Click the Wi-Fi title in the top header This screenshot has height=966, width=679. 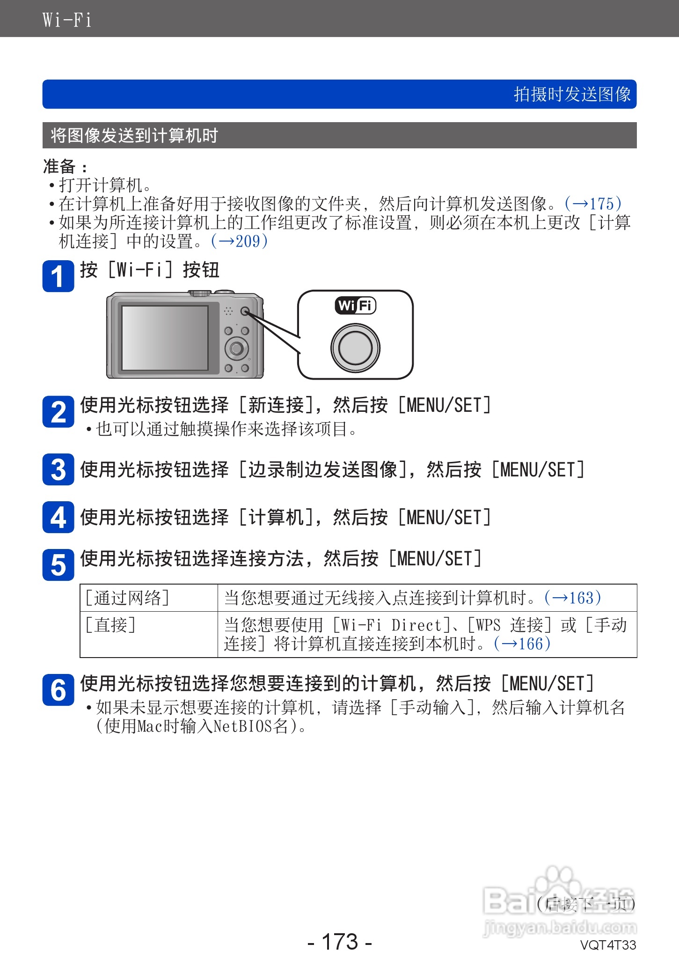66,20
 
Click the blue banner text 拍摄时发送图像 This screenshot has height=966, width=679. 572,95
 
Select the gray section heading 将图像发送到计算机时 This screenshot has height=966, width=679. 134,136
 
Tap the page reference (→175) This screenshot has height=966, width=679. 593,204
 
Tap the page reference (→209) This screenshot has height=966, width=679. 239,241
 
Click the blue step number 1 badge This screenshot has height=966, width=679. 58,276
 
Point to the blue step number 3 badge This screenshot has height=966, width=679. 58,469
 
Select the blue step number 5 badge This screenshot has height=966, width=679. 58,565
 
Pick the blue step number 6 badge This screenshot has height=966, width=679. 58,690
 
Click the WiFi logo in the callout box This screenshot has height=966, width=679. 356,306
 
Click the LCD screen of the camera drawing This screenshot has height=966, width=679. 165,337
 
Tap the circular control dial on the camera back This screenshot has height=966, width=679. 236,348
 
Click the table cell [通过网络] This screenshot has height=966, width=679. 127,598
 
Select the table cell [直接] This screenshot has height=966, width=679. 110,625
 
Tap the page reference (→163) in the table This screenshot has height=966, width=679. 573,598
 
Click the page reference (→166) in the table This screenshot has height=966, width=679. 522,644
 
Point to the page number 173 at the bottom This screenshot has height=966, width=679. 340,942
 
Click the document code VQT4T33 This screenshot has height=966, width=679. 608,945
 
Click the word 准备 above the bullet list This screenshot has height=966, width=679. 59,166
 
